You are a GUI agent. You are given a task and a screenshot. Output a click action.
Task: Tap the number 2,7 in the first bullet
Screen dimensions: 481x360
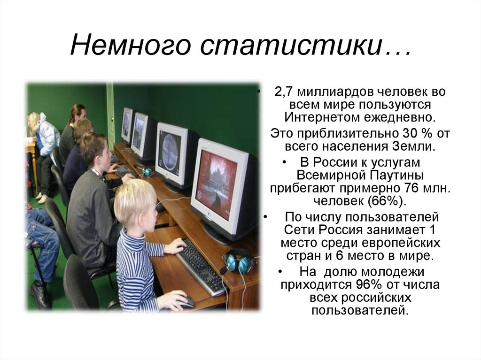[x=283, y=92]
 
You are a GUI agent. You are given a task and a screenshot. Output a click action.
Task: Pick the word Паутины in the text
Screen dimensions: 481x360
[x=396, y=176]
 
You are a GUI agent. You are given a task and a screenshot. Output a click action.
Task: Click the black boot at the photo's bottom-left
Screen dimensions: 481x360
[x=40, y=295]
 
